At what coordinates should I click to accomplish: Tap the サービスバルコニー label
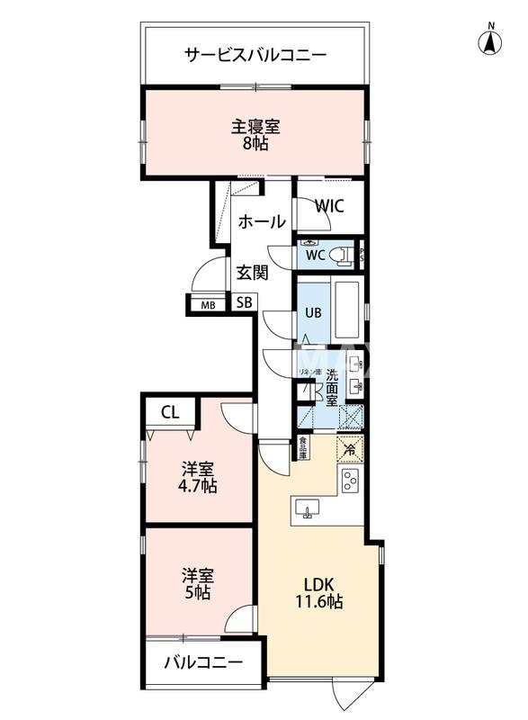(255, 55)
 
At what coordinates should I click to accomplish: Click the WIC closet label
(329, 205)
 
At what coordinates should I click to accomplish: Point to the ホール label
(262, 221)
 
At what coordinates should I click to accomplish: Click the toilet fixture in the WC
(342, 256)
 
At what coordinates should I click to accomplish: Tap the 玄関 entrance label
(253, 272)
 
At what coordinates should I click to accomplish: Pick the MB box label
(208, 304)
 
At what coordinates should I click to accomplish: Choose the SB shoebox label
(245, 303)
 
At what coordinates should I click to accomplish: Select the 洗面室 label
(332, 387)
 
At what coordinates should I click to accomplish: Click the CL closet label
(170, 413)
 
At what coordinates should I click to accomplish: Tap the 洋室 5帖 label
(197, 583)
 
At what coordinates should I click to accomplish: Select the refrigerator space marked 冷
(349, 447)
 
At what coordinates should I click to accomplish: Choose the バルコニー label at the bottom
(203, 662)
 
